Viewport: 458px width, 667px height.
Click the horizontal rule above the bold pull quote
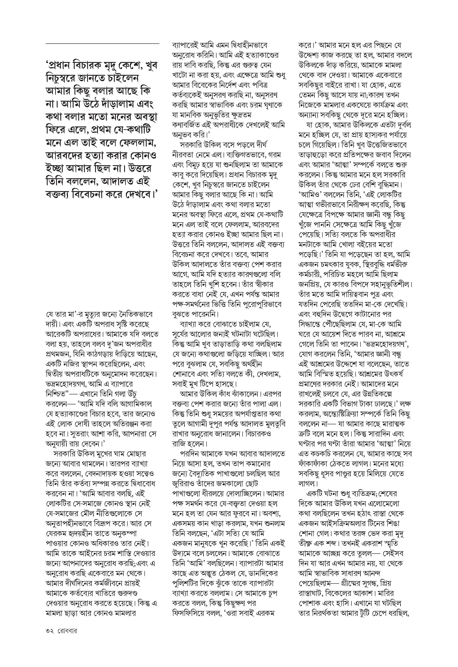[x=102, y=44]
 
